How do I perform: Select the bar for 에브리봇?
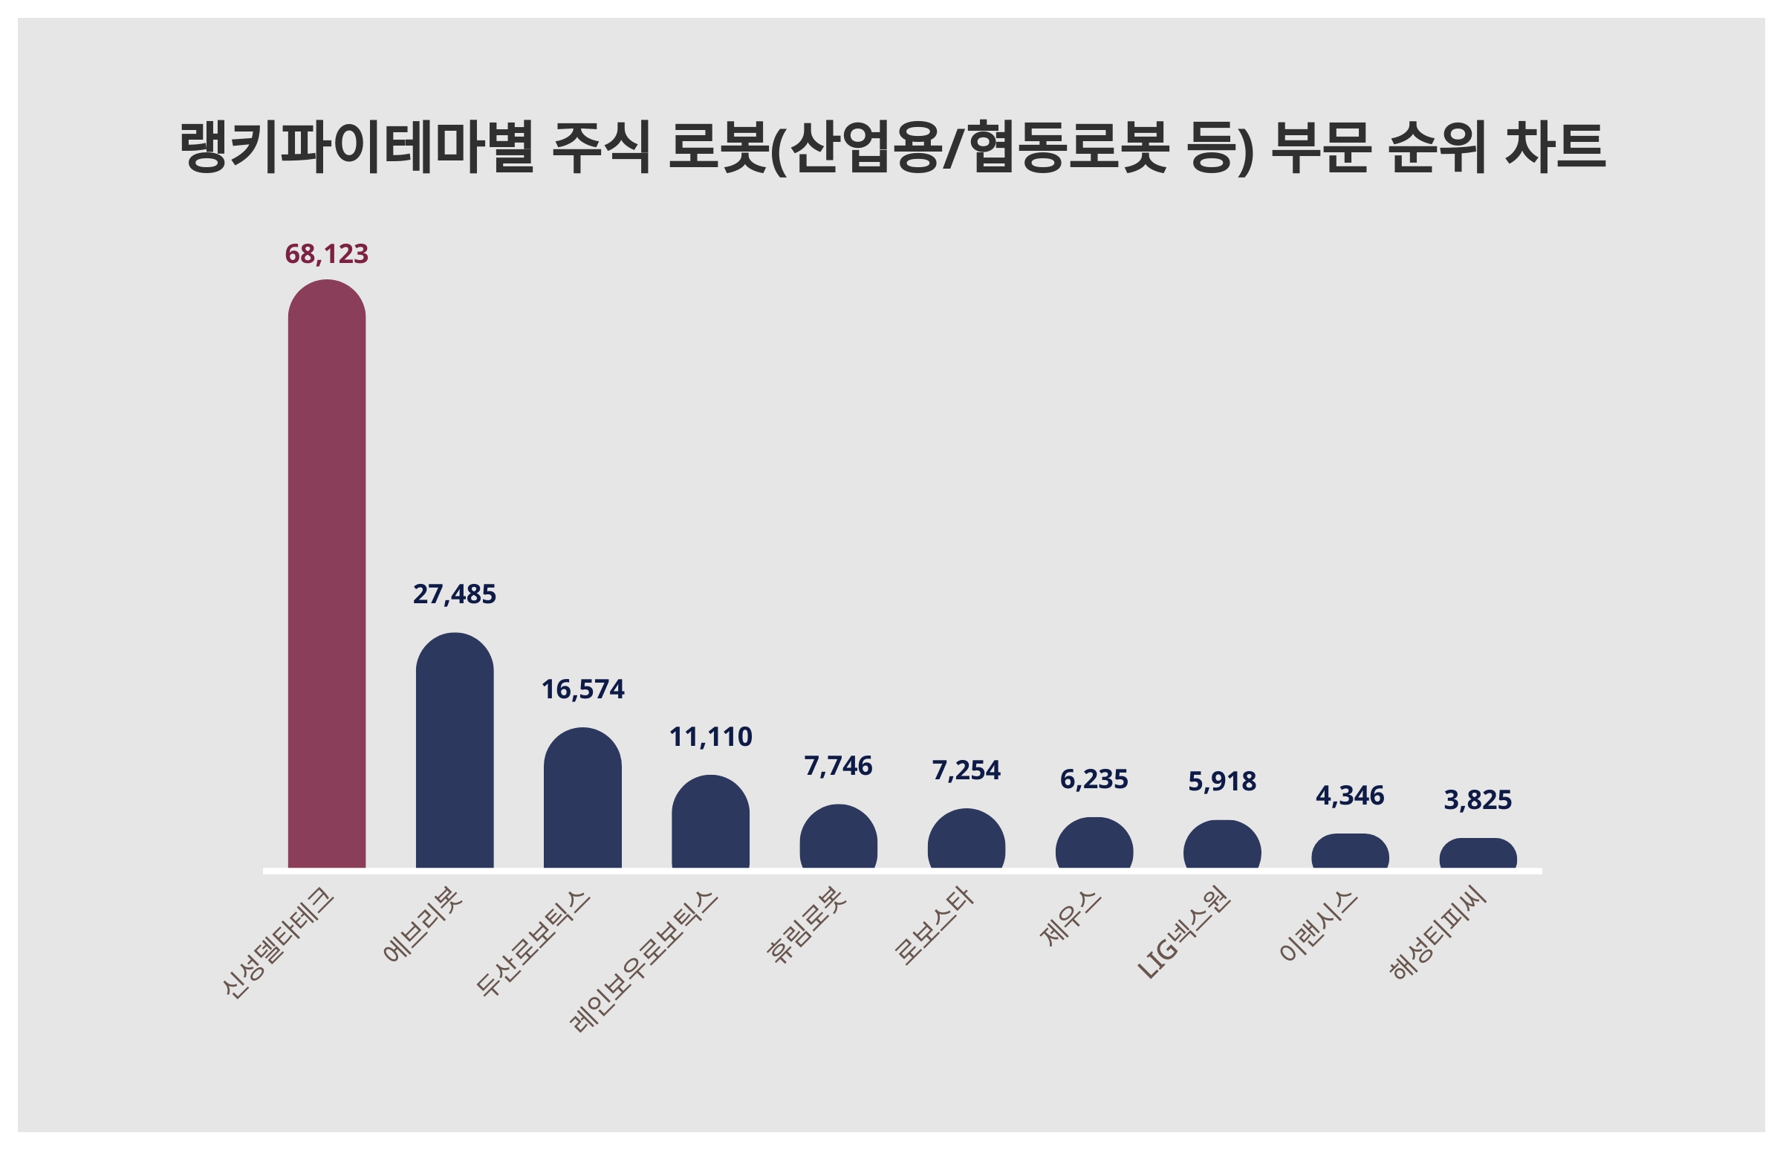tap(454, 750)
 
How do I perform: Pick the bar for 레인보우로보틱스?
tap(710, 822)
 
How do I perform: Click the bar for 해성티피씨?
tap(1478, 854)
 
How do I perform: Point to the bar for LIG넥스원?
tap(1221, 845)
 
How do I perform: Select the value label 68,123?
tap(326, 254)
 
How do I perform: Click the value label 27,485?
tap(454, 594)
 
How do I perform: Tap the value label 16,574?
tap(582, 689)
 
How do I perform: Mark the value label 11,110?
tap(710, 737)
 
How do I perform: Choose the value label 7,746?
tap(838, 766)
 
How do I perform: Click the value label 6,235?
tap(1094, 779)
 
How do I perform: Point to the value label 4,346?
tap(1349, 796)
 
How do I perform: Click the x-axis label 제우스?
tap(1071, 918)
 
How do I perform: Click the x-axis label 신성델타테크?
tap(279, 943)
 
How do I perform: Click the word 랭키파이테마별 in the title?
tap(357, 147)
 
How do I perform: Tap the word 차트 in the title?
tap(1554, 147)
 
